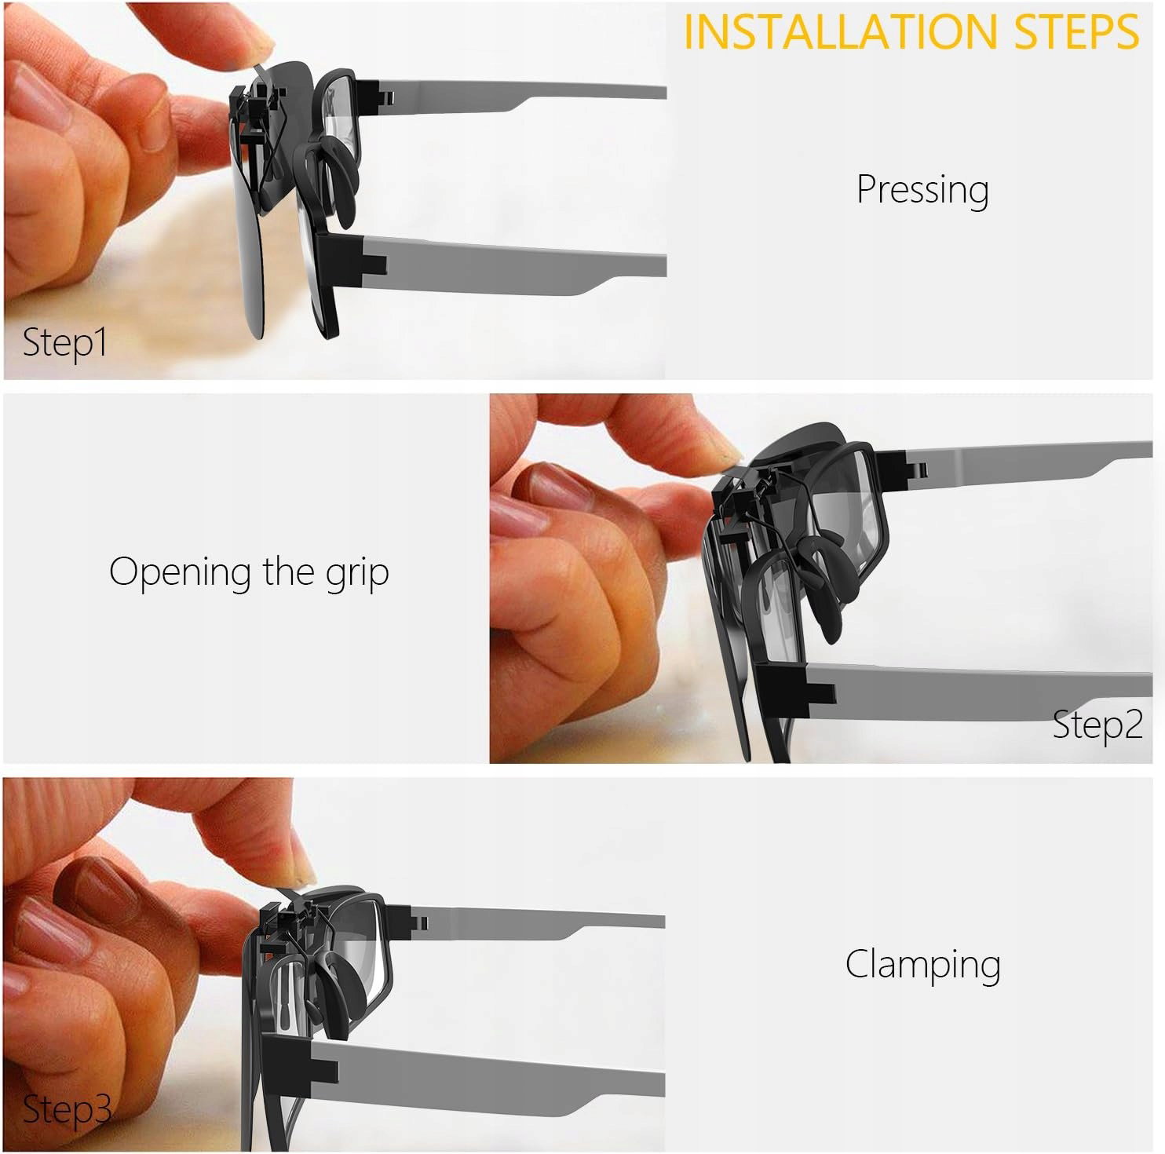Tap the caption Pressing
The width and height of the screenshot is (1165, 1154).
click(922, 190)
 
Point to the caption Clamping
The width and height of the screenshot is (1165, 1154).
click(922, 965)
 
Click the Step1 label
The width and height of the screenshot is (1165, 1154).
click(64, 343)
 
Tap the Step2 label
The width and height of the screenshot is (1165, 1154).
click(1097, 725)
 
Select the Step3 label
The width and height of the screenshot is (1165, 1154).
click(66, 1109)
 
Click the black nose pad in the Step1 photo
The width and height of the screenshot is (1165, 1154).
click(339, 171)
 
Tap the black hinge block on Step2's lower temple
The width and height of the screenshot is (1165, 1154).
click(793, 691)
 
